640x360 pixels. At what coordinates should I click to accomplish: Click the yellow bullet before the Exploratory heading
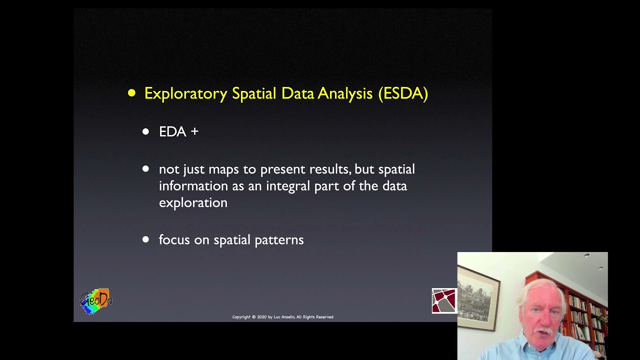point(131,93)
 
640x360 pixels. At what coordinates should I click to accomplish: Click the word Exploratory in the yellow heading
point(185,93)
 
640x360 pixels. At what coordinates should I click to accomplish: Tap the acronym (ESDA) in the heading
point(403,93)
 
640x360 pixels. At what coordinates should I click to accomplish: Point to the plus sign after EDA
point(194,131)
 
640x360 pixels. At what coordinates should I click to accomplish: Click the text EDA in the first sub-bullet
point(172,131)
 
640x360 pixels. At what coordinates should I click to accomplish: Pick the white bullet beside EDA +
point(145,131)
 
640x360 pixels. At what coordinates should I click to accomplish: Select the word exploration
point(193,202)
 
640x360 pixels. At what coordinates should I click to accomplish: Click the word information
point(193,186)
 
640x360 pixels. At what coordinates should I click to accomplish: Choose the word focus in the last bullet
point(174,240)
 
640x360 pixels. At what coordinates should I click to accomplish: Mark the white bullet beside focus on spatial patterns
point(145,239)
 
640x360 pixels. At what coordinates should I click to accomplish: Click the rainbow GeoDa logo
point(96,301)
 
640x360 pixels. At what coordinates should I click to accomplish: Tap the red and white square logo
point(444,301)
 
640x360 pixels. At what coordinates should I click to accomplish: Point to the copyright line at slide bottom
point(282,317)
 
